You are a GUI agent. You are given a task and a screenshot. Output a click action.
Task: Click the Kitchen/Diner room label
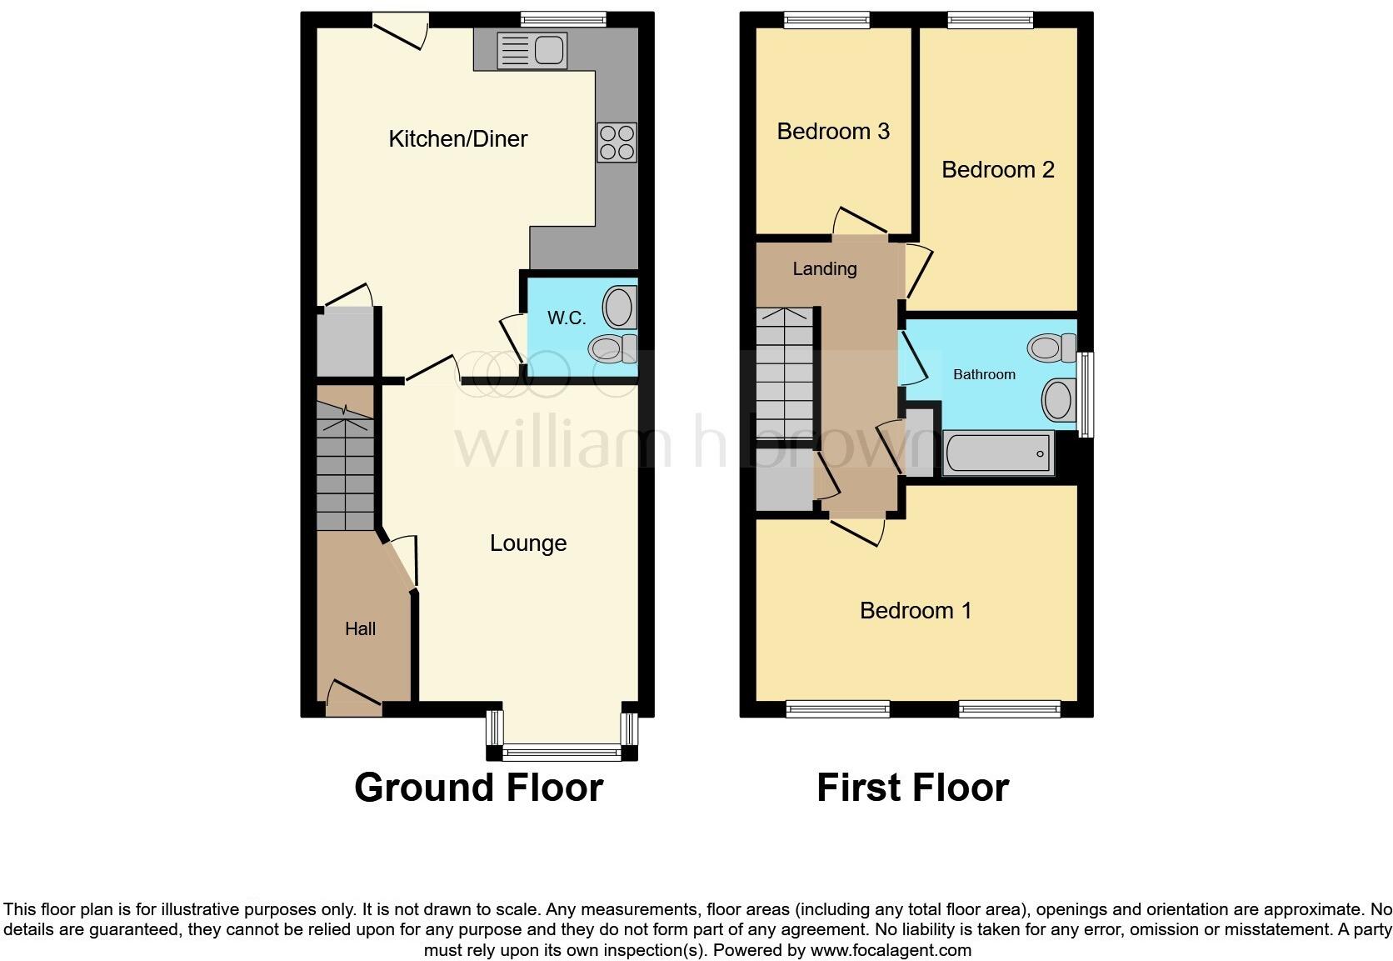pos(457,138)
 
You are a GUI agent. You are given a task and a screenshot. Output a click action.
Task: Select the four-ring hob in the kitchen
pos(617,142)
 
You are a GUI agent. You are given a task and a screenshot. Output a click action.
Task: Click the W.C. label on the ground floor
pos(567,318)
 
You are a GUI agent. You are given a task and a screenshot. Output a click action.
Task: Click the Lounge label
pos(528,543)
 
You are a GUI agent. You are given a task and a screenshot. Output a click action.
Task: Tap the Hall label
pos(360,629)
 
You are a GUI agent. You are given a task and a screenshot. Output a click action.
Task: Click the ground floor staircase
pos(345,467)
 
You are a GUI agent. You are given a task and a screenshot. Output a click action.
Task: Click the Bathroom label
pos(984,375)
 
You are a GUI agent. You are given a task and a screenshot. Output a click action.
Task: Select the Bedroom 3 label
pos(832,132)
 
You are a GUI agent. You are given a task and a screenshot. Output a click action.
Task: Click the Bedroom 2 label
pos(997,170)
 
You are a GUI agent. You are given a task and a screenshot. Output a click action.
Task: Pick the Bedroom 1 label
pos(915,611)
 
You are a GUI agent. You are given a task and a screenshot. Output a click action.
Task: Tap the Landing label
pos(824,268)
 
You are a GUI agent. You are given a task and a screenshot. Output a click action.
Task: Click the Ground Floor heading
pos(478,788)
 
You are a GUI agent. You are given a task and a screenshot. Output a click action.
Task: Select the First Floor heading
pos(912,788)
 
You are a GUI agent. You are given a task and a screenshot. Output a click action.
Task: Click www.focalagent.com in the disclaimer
pos(890,950)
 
